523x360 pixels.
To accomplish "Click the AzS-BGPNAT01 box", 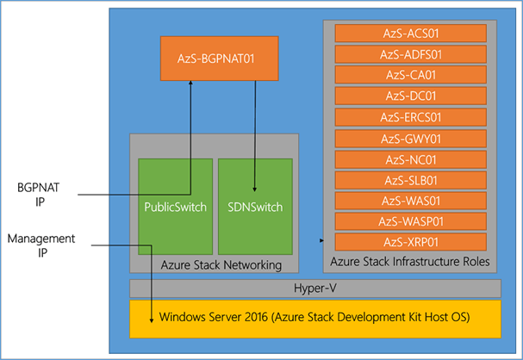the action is pyautogui.click(x=220, y=59).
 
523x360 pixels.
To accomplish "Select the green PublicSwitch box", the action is pyautogui.click(x=176, y=207).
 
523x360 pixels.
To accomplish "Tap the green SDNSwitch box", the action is pyautogui.click(x=255, y=207).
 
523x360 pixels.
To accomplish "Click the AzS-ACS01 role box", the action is pyautogui.click(x=411, y=34).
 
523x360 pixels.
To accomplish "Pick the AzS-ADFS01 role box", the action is pyautogui.click(x=411, y=54).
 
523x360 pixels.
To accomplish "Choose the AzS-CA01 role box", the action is pyautogui.click(x=411, y=75).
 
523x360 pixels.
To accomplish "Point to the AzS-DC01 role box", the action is pyautogui.click(x=411, y=96).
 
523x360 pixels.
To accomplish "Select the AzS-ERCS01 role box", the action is pyautogui.click(x=411, y=117).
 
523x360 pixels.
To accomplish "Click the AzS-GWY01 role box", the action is pyautogui.click(x=411, y=139).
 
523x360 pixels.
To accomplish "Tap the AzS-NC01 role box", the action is pyautogui.click(x=411, y=159).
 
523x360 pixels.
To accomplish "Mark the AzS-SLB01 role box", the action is pyautogui.click(x=411, y=180).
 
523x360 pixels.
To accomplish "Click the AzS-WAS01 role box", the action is pyautogui.click(x=411, y=201).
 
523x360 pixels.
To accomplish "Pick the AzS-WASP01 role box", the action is pyautogui.click(x=411, y=221).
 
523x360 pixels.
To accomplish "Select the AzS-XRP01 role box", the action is pyautogui.click(x=411, y=242).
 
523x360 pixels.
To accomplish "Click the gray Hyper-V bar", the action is pyautogui.click(x=315, y=289).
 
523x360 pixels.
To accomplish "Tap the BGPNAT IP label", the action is pyautogui.click(x=39, y=195).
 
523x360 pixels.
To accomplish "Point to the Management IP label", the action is pyautogui.click(x=41, y=245).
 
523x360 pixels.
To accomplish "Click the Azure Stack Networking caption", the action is pyautogui.click(x=221, y=265).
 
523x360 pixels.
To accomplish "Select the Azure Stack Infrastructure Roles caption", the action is pyautogui.click(x=410, y=262).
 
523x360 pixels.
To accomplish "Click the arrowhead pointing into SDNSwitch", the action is pyautogui.click(x=255, y=189).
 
